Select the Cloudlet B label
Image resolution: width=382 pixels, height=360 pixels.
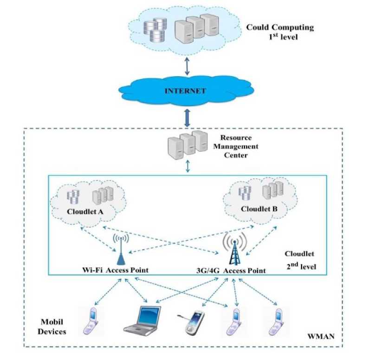click(x=259, y=209)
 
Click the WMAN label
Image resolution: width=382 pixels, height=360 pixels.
click(x=319, y=335)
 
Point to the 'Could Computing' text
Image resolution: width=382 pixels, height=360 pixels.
click(x=280, y=27)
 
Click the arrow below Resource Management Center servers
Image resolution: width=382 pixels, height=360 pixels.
click(x=188, y=166)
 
